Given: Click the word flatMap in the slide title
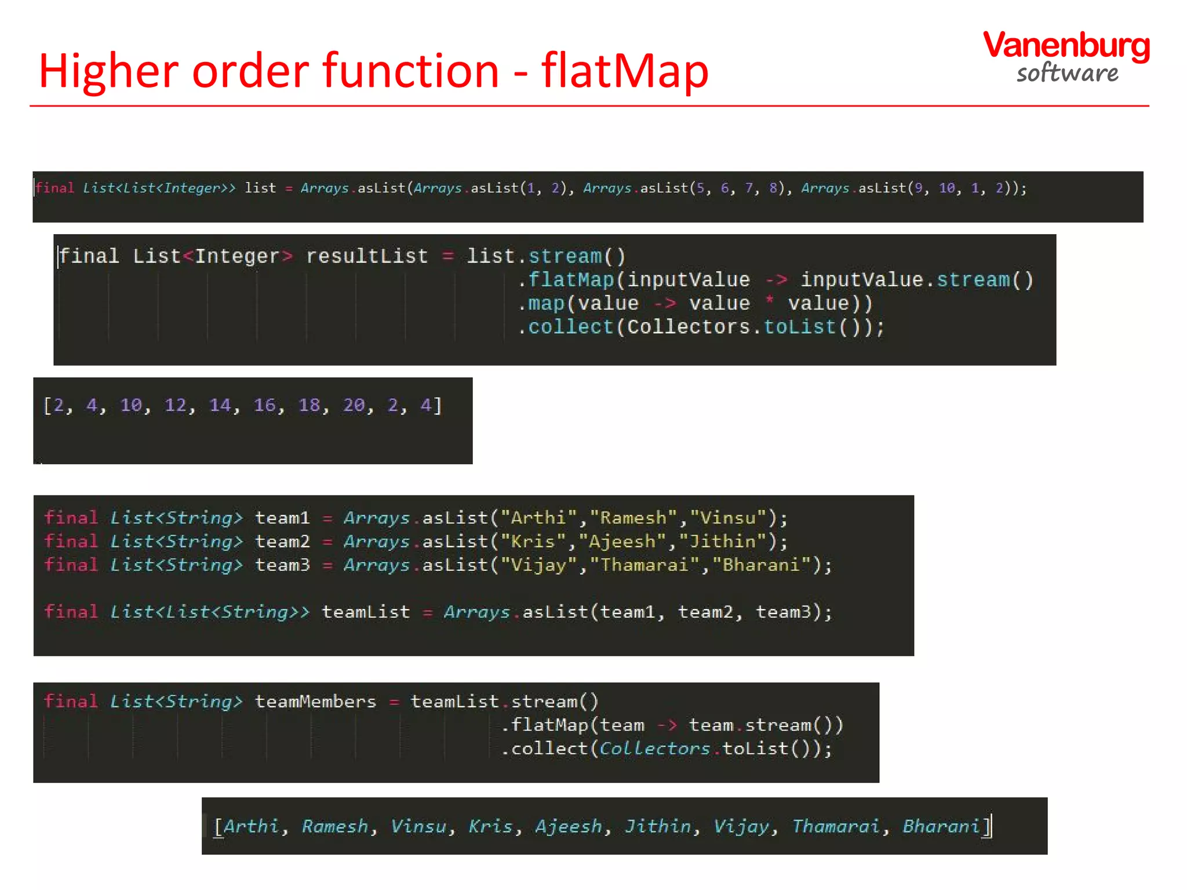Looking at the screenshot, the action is pos(625,71).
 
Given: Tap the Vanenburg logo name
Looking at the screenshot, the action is pos(1066,46).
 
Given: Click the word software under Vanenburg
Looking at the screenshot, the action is pos(1067,74).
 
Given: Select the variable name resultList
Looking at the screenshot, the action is pos(366,256).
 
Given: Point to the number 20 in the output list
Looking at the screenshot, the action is pos(354,405).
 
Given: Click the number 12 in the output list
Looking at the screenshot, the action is pos(175,405).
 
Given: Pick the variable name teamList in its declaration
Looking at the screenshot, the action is pos(366,612).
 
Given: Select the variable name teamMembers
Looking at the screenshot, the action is pos(315,702).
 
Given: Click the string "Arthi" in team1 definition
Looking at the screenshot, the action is pos(538,517).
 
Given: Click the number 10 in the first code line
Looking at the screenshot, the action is pos(946,188).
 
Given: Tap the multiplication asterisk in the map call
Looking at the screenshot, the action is pos(769,300).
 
